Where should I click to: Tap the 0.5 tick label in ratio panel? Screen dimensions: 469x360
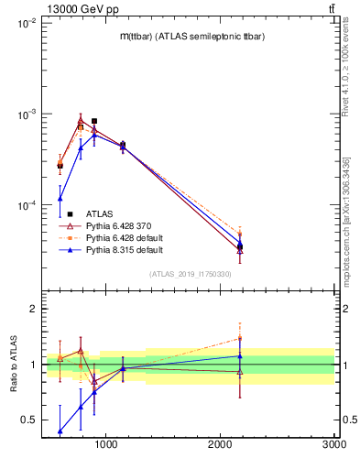point(27,420)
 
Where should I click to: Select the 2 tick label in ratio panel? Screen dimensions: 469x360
point(32,309)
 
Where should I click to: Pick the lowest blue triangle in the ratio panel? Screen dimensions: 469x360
point(60,431)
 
